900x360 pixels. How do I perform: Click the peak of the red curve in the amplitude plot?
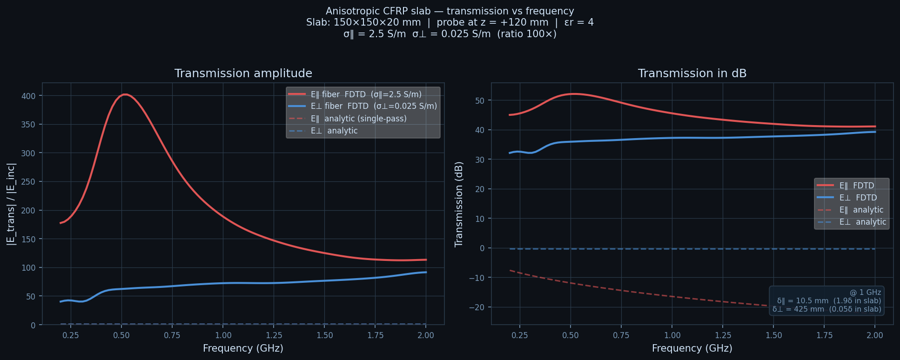coord(125,94)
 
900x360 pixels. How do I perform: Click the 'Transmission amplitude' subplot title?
coord(243,73)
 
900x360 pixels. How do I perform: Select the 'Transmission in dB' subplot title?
coord(692,73)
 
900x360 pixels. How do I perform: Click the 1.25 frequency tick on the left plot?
coord(274,335)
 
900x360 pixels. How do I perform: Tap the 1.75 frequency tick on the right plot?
coord(824,335)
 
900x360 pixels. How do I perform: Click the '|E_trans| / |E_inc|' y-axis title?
coord(11,204)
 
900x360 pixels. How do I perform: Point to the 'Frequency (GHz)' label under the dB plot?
coord(692,348)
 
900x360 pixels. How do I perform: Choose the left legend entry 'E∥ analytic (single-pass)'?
coord(358,119)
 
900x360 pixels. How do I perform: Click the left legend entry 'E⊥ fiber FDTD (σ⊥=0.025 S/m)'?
coord(374,107)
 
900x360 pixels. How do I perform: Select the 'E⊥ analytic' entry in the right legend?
coord(863,222)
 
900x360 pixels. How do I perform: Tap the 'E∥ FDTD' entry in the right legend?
coord(857,186)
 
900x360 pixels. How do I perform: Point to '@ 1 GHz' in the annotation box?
coord(865,293)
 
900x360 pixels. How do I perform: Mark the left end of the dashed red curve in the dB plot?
coord(510,270)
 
